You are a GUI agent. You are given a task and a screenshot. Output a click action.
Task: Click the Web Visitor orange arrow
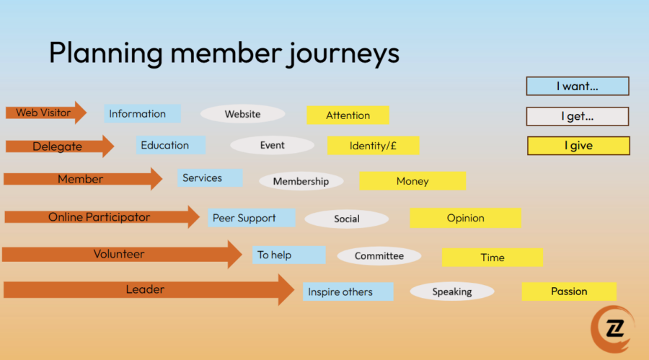(x=46, y=113)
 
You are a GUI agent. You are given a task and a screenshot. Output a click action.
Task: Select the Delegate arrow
(x=60, y=146)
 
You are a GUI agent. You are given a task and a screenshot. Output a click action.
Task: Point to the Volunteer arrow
(x=122, y=254)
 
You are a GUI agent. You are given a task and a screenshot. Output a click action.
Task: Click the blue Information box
(x=142, y=113)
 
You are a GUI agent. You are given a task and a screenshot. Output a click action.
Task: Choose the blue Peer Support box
(x=252, y=218)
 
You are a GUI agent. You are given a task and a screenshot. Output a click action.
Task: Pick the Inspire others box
(x=348, y=291)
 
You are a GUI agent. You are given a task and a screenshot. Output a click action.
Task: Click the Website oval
(x=242, y=114)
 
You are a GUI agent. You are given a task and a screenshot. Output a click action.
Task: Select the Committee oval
(x=379, y=256)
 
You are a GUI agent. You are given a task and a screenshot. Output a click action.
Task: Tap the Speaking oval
(x=452, y=291)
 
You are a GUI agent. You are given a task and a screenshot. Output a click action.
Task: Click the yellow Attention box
(x=348, y=115)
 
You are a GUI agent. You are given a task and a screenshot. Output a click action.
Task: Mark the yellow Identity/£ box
(x=374, y=146)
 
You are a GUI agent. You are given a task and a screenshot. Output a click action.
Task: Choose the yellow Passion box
(x=569, y=291)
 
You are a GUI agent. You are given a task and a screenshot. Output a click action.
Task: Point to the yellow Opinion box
(x=466, y=218)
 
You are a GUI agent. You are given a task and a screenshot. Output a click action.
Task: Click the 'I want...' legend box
(x=578, y=86)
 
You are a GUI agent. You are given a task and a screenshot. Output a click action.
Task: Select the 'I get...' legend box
(x=578, y=116)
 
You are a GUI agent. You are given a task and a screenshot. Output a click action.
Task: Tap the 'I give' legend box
(x=578, y=146)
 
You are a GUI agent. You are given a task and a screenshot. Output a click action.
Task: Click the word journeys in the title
(x=343, y=54)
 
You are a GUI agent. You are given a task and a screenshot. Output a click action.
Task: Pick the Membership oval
(x=301, y=182)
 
